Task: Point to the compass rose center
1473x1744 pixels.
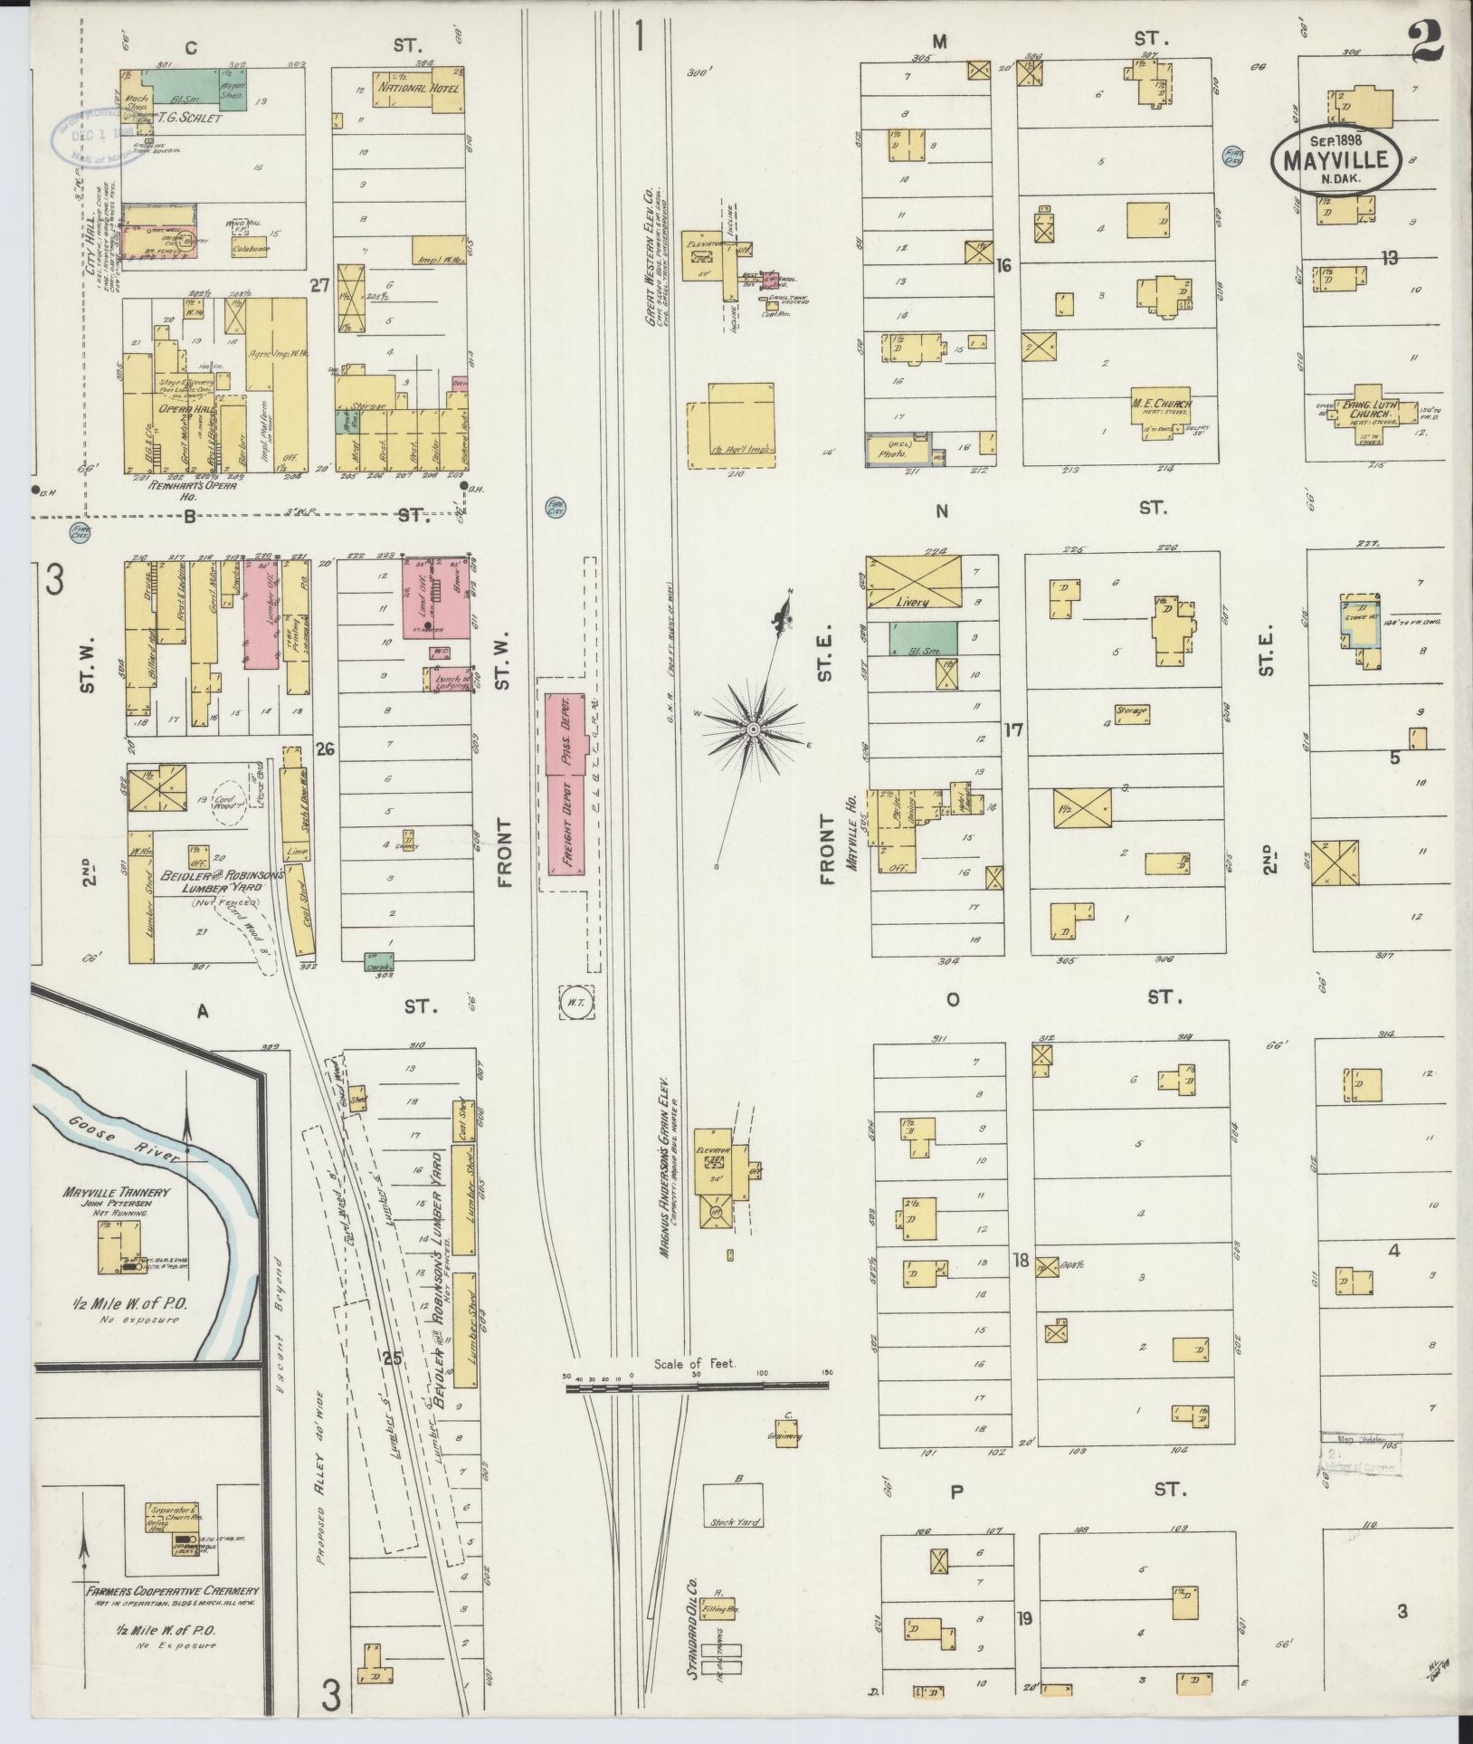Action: pyautogui.click(x=753, y=728)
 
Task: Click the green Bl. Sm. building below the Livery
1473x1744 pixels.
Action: pyautogui.click(x=922, y=639)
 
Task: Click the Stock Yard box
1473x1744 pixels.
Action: pyautogui.click(x=733, y=1505)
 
